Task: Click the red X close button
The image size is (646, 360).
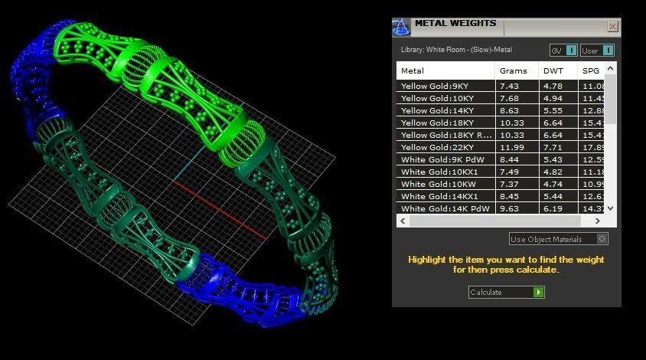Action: pos(612,26)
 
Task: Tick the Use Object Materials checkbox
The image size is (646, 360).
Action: pos(602,239)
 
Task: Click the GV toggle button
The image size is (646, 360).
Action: pos(571,51)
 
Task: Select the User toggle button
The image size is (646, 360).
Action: pos(608,51)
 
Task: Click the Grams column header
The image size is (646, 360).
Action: pos(513,70)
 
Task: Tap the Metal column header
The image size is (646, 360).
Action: pos(413,70)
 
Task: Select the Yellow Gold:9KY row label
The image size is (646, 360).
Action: pos(434,87)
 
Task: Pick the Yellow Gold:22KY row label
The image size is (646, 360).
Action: pos(436,147)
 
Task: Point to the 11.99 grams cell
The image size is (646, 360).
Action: pos(510,147)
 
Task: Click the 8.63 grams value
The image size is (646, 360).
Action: pos(509,111)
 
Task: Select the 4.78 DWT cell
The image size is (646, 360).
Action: pos(553,87)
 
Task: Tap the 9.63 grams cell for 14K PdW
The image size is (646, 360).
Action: pos(509,208)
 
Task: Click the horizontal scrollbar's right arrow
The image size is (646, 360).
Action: pos(597,221)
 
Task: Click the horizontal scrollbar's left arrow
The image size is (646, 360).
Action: pos(403,221)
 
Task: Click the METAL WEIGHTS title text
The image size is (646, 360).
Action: pos(455,24)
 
